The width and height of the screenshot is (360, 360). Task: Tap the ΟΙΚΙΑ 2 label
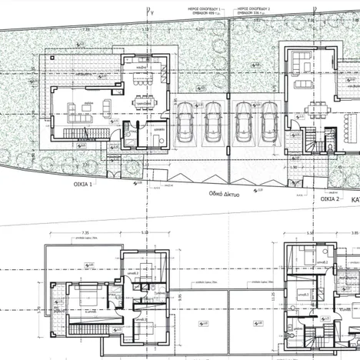tap(328, 198)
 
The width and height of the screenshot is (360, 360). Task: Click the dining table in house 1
tap(143, 102)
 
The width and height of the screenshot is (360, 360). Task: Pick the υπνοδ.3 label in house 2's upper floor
tap(304, 294)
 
